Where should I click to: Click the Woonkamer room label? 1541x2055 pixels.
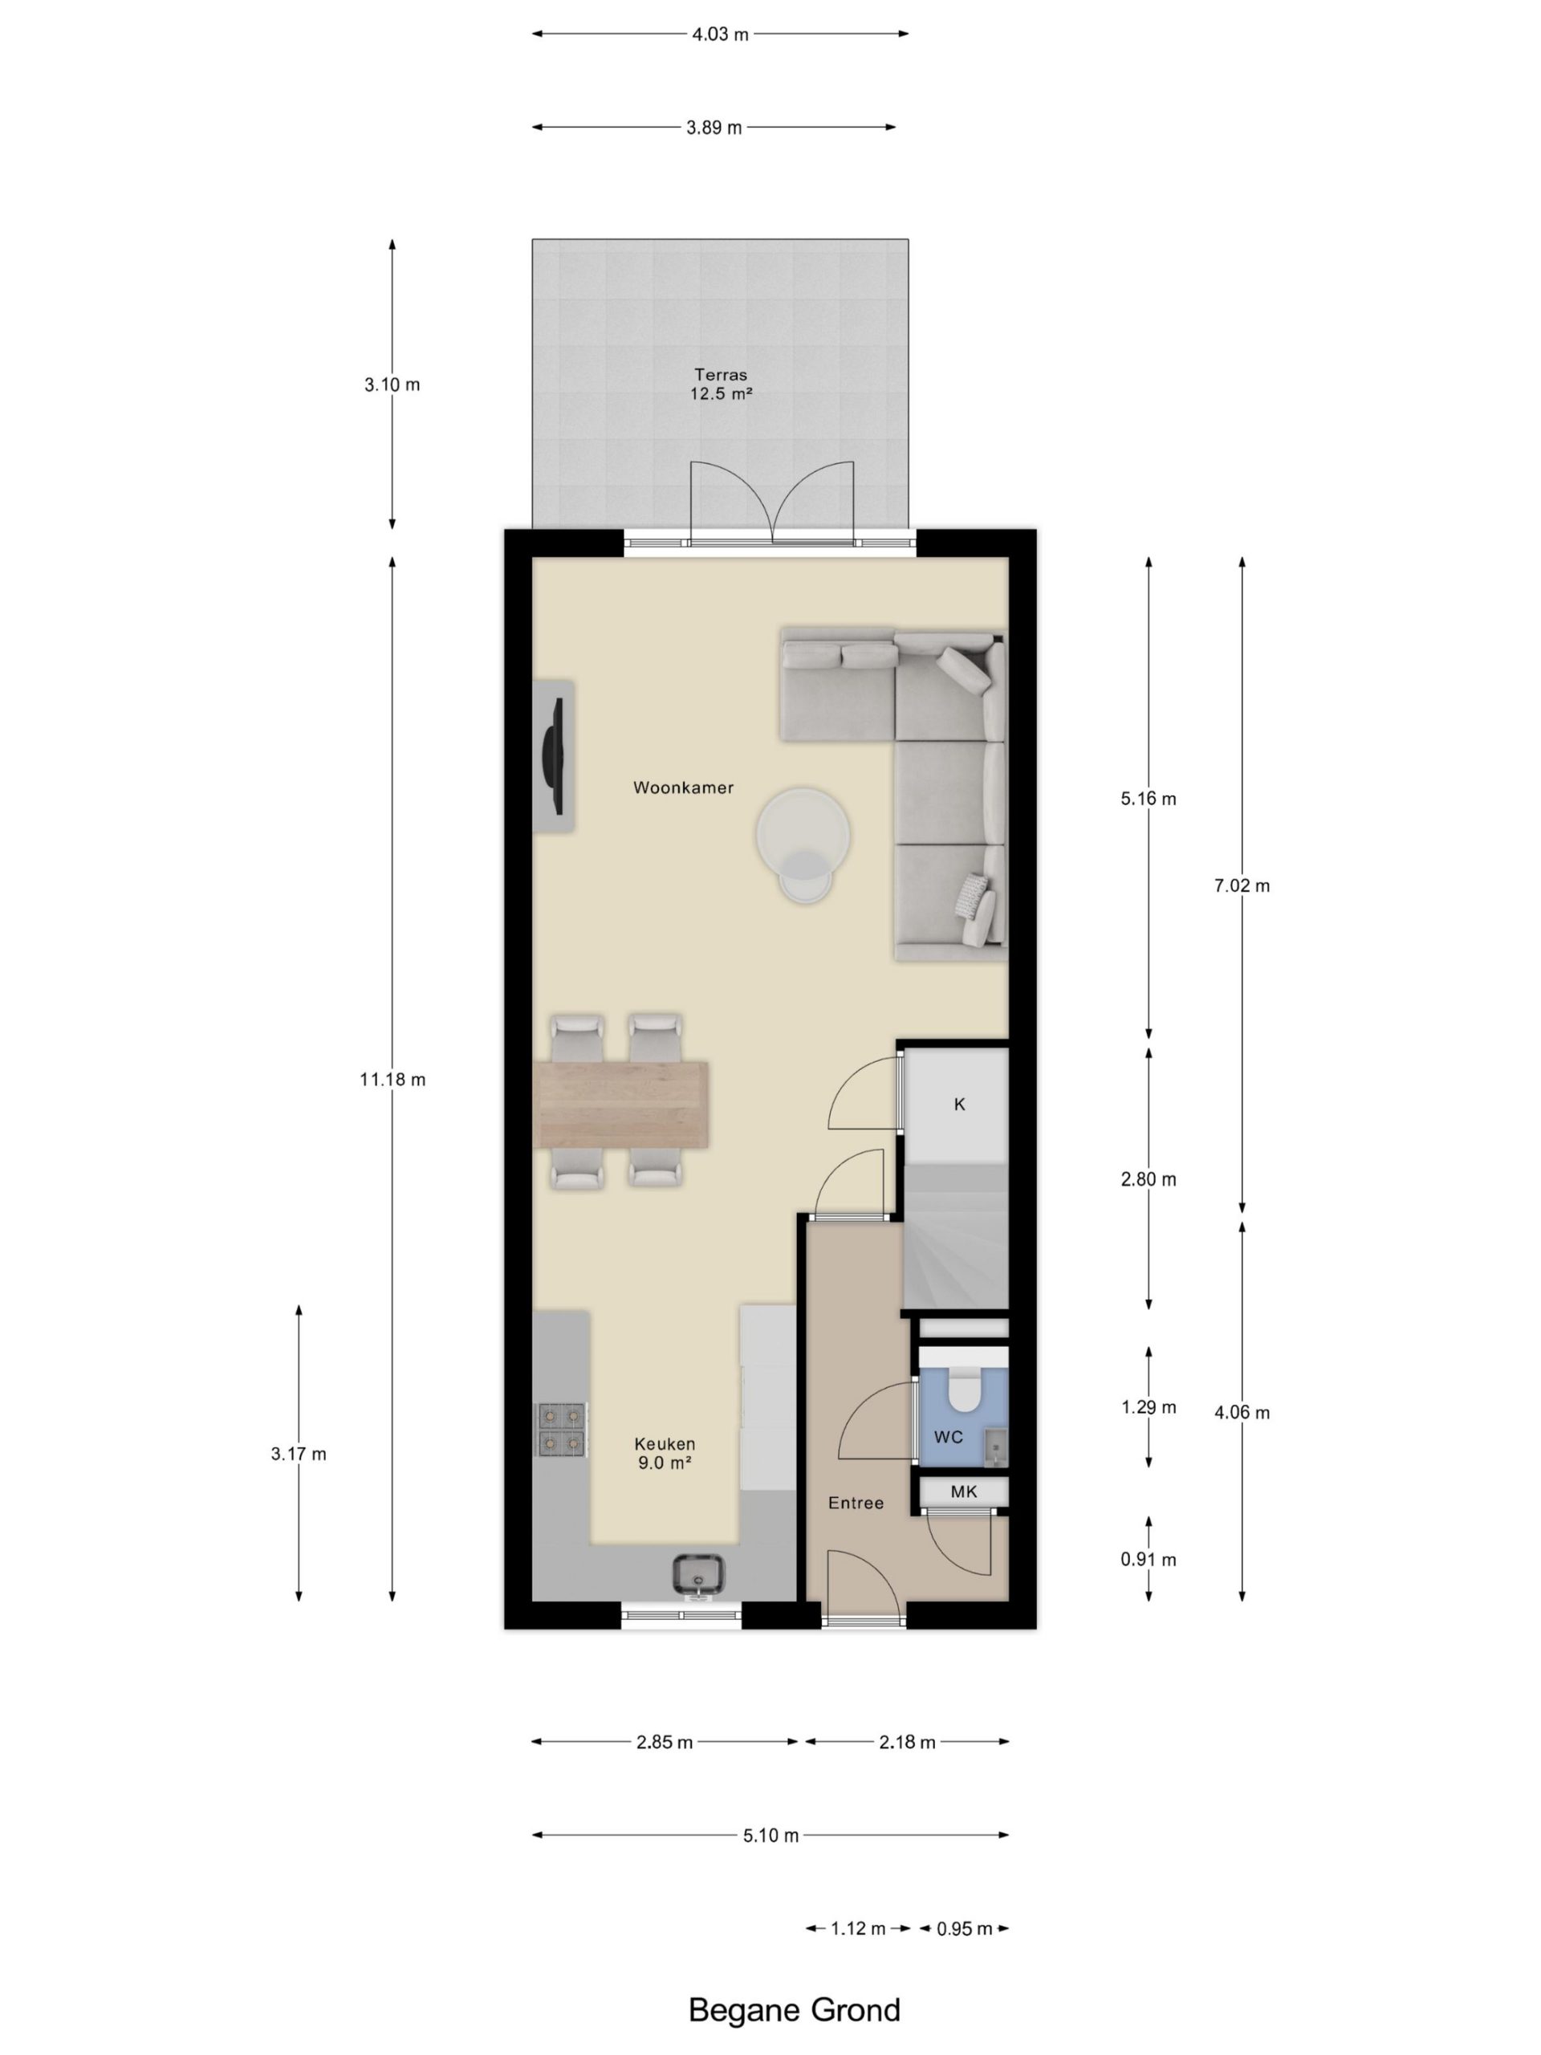[x=683, y=787]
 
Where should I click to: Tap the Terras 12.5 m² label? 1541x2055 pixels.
[x=720, y=384]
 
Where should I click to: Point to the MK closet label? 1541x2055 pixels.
[x=964, y=1492]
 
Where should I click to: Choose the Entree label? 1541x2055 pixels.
[x=856, y=1504]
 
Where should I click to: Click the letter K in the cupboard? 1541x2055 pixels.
[x=960, y=1105]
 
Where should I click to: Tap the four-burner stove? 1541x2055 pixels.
[x=562, y=1429]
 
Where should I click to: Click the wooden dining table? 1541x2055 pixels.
[x=622, y=1105]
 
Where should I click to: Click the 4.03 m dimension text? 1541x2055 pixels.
[x=720, y=35]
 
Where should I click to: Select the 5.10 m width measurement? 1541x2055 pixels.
[x=771, y=1836]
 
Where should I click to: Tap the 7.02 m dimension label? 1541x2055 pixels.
[x=1242, y=885]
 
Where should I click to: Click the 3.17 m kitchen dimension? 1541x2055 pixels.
[x=299, y=1454]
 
